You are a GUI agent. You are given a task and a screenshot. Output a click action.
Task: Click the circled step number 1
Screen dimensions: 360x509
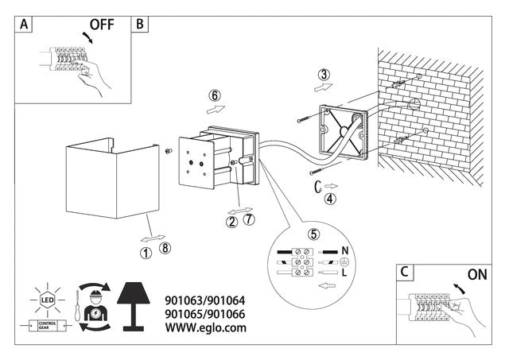[x=146, y=254]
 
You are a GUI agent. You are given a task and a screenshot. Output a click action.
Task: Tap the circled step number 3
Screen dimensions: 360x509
[x=322, y=75]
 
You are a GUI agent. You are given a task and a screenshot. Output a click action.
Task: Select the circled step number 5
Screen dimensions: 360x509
[x=314, y=234]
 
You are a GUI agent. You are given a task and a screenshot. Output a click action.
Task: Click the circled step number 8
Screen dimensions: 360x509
[x=165, y=248]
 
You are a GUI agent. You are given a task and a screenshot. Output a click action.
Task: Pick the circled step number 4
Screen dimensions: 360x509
[x=329, y=199]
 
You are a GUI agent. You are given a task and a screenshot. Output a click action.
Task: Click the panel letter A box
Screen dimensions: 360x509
[x=25, y=25]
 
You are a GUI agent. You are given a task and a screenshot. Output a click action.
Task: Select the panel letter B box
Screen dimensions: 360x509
[x=140, y=25]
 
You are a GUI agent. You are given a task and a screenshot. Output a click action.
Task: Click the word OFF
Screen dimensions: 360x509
[x=101, y=24]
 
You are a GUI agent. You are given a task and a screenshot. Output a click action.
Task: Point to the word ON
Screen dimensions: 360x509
[x=478, y=275]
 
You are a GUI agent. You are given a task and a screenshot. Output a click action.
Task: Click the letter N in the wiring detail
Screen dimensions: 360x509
[x=344, y=250]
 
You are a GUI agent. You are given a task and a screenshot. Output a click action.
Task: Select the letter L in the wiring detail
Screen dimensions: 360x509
[x=344, y=272]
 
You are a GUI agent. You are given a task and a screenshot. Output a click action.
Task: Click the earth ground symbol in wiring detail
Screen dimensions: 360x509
[x=344, y=261]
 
